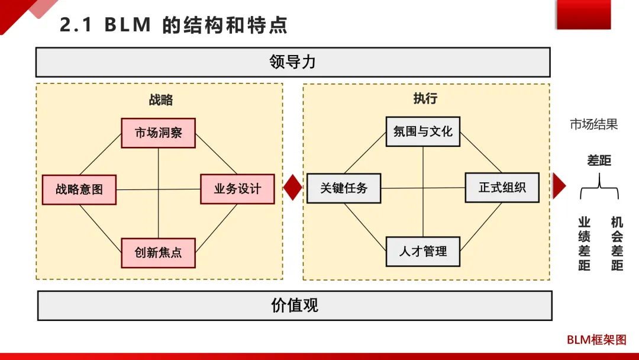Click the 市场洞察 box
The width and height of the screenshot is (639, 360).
click(158, 133)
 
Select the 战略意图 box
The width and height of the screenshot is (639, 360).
click(79, 189)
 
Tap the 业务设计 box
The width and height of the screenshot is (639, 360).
click(237, 189)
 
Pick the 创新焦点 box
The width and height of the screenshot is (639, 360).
click(158, 253)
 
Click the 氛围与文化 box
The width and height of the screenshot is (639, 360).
click(422, 131)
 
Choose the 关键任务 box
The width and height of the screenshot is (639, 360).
click(343, 188)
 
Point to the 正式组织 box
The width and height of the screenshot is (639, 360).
click(502, 188)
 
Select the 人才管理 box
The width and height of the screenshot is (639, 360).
click(422, 251)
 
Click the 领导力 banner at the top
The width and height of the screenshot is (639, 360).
click(293, 62)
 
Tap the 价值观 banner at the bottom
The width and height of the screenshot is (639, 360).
click(295, 306)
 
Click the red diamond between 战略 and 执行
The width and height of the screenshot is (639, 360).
click(293, 188)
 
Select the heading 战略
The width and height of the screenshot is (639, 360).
click(160, 99)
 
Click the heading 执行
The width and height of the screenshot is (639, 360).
click(425, 98)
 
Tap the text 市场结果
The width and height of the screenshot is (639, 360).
click(593, 124)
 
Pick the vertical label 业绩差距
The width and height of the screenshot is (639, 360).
click(585, 244)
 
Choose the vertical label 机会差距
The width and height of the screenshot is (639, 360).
click(617, 244)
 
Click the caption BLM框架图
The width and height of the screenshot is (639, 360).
click(596, 340)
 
